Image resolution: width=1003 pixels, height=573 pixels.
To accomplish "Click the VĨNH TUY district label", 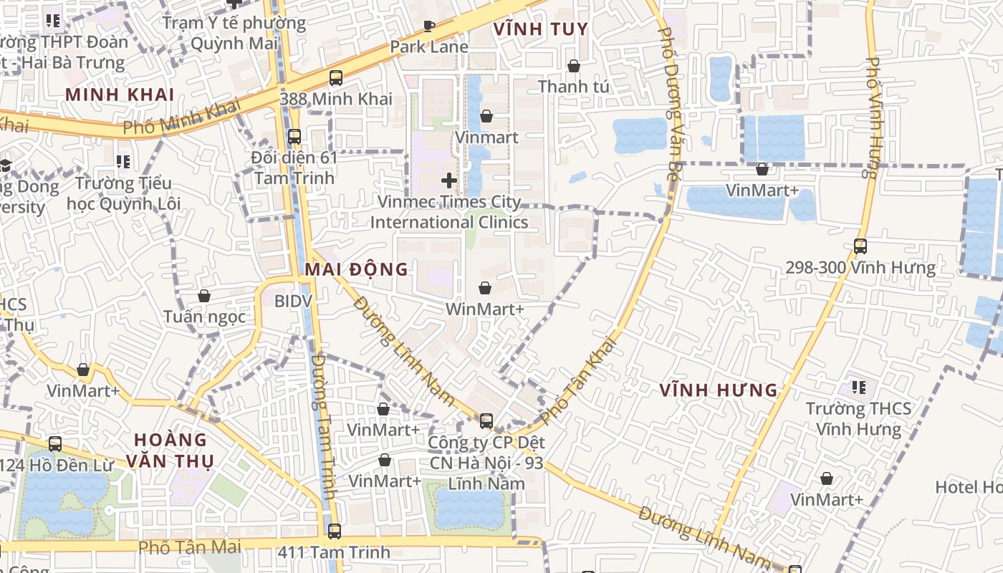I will click(541, 29).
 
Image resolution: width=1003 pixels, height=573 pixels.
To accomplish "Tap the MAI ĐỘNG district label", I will click(356, 269).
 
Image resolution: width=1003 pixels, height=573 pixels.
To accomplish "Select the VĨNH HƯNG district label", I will click(719, 390).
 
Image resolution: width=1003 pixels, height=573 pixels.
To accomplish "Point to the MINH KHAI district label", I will click(120, 94).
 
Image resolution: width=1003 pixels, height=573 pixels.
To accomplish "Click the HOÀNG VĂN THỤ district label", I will click(171, 450).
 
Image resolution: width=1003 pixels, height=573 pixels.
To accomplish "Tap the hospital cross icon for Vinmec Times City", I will click(449, 180).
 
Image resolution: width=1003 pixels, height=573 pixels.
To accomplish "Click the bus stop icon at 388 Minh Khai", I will click(336, 78).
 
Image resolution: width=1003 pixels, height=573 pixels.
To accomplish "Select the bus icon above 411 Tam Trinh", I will click(335, 531).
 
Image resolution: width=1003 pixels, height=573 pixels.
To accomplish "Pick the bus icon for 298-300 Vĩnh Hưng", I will click(860, 246).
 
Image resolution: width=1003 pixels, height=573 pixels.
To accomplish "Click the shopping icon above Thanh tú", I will click(573, 66).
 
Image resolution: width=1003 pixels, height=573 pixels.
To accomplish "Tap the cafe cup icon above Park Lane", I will click(429, 27).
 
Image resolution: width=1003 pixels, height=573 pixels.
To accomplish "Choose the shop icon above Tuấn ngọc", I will click(204, 296).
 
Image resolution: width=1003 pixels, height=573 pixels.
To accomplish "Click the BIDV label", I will click(293, 300).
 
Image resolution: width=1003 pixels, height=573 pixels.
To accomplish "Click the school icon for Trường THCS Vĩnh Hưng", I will click(858, 388).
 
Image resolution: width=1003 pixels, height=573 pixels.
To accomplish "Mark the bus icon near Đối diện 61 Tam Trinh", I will click(294, 136).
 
